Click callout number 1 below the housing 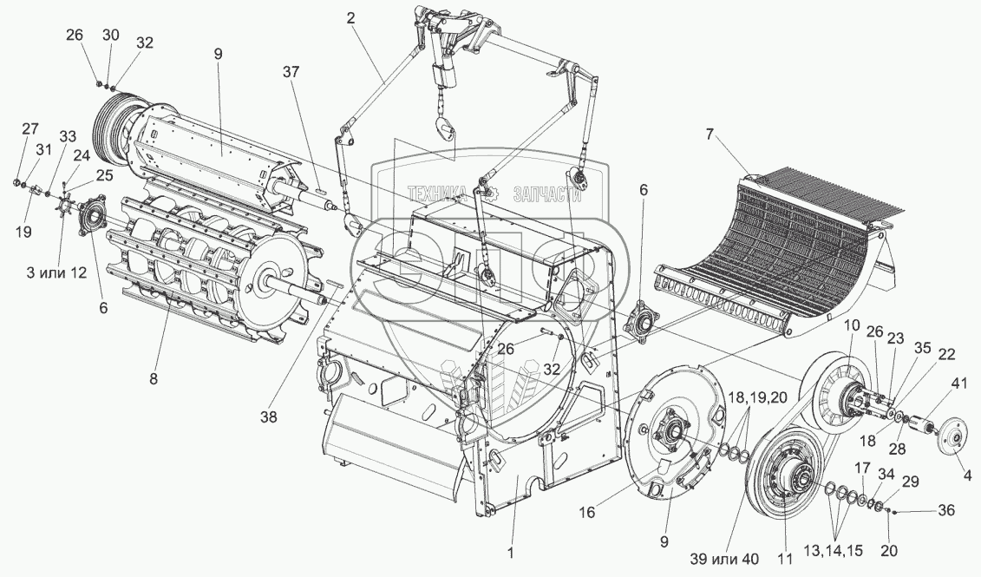512,551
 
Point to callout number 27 29,128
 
